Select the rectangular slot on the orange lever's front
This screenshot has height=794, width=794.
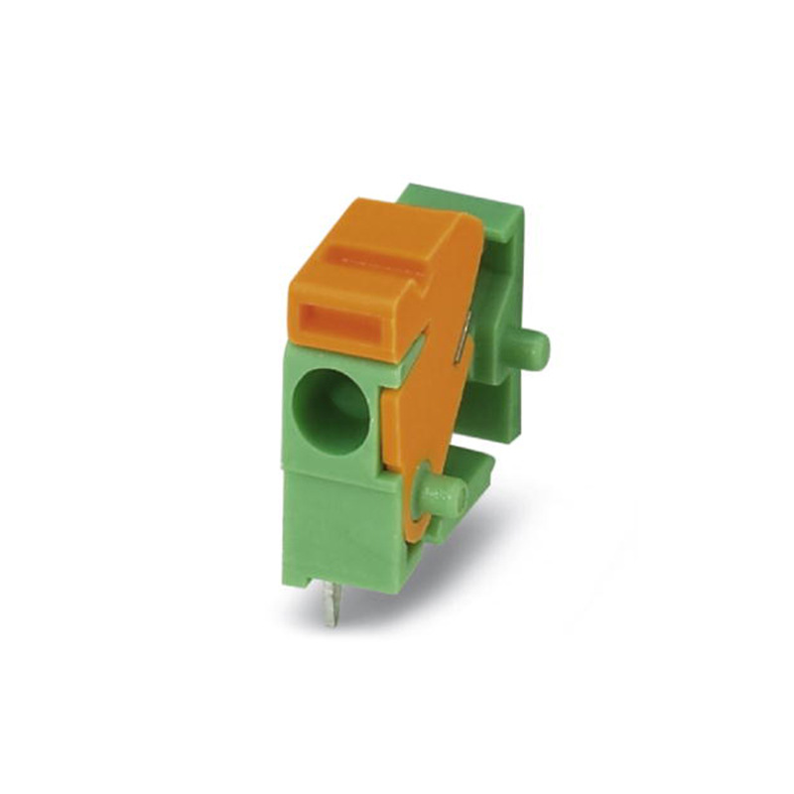pyautogui.click(x=336, y=322)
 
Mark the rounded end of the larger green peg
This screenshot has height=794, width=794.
pyautogui.click(x=540, y=347)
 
